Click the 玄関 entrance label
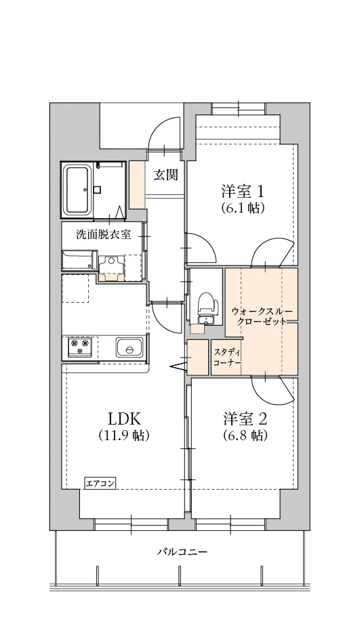point(165,175)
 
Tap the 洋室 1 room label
point(243,191)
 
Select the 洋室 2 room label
point(245,418)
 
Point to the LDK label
point(124,418)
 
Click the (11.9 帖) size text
point(124,436)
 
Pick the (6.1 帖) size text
point(243,208)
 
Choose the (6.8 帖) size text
point(245,436)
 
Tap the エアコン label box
point(100,484)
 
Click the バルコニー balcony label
point(182,552)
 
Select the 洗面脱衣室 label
point(104,235)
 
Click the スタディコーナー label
point(227,357)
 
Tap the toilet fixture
point(205,307)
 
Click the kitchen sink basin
point(129,348)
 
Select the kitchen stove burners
point(80,348)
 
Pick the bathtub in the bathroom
point(77,190)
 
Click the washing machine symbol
point(111,267)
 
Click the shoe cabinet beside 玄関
point(137,185)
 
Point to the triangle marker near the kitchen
point(178,367)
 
